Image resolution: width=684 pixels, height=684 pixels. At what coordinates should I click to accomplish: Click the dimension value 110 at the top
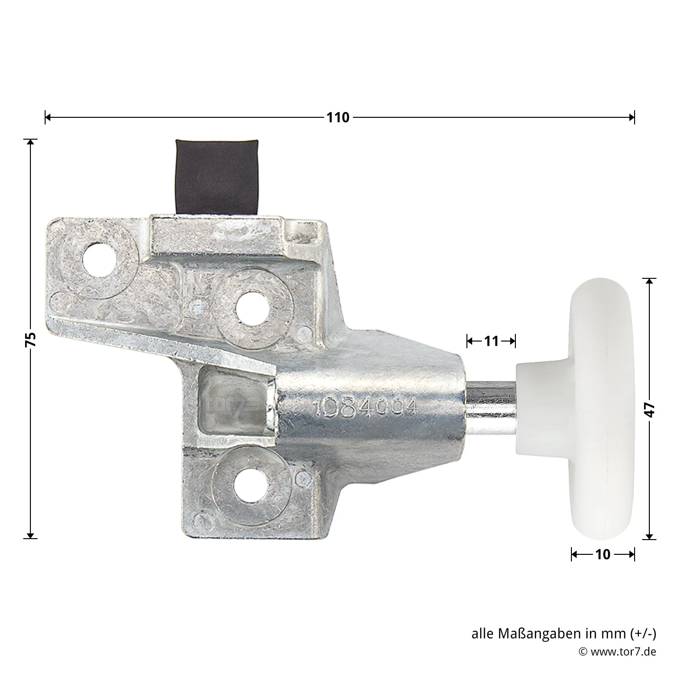click(338, 117)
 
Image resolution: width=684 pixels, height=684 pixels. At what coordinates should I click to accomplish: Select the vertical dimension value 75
click(30, 339)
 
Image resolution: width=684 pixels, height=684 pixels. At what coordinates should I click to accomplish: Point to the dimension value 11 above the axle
click(491, 341)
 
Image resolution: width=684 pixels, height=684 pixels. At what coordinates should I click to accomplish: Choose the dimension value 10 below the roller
click(602, 554)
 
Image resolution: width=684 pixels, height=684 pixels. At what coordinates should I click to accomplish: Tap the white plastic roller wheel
click(602, 409)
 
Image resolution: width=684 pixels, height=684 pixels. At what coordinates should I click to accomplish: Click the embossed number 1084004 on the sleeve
click(365, 407)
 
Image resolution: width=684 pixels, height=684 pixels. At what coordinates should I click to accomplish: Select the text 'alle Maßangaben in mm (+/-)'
click(563, 634)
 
